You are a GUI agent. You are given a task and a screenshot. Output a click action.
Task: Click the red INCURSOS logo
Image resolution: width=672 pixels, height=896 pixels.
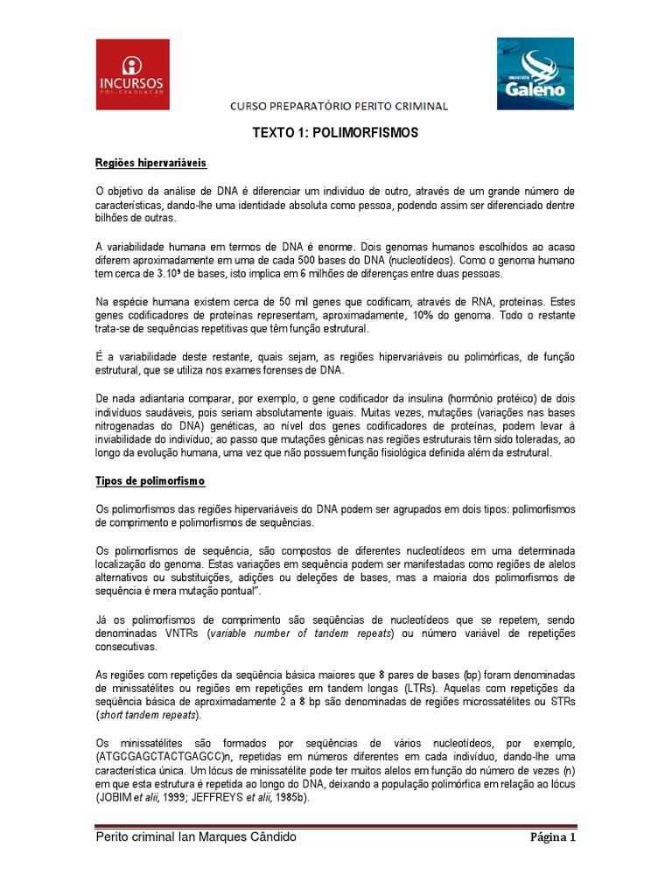[132, 74]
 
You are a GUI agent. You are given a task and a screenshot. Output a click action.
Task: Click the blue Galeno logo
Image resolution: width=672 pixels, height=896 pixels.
[536, 73]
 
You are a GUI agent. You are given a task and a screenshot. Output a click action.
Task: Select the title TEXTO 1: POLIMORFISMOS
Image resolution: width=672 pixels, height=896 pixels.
[336, 134]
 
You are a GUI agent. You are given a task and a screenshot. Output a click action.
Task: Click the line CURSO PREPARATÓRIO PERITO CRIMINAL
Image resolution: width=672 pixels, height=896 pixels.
[339, 107]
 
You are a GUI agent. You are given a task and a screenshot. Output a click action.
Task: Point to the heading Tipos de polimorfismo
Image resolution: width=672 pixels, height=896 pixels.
[150, 481]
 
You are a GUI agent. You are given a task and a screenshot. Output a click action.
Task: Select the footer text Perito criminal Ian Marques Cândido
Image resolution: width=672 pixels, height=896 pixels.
[196, 837]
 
